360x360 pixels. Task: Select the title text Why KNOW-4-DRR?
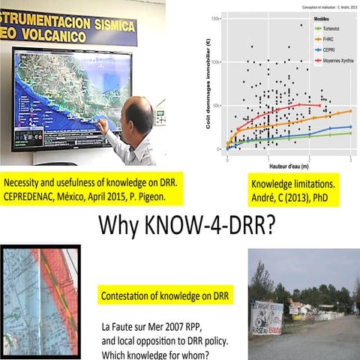click(181, 223)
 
